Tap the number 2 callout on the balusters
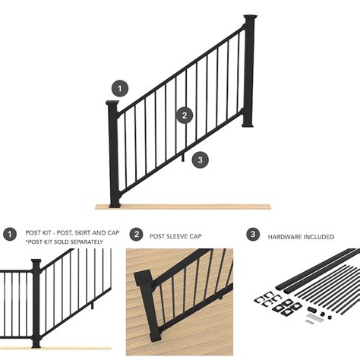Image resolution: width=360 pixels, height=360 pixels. click(x=183, y=115)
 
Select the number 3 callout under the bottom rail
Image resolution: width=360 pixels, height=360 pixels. click(x=199, y=159)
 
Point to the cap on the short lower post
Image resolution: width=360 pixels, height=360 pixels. click(x=114, y=103)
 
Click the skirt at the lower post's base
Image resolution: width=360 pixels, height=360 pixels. click(x=115, y=201)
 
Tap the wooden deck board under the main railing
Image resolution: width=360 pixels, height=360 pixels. click(x=182, y=206)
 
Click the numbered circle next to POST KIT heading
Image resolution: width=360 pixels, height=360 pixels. click(x=10, y=235)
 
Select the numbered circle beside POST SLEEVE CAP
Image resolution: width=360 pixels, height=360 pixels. click(x=136, y=235)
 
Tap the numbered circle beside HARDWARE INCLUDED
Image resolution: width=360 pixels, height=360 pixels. click(x=253, y=235)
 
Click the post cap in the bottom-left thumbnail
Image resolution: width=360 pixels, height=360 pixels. click(x=36, y=262)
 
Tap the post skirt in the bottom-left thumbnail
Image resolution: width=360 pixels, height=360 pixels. click(x=36, y=346)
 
